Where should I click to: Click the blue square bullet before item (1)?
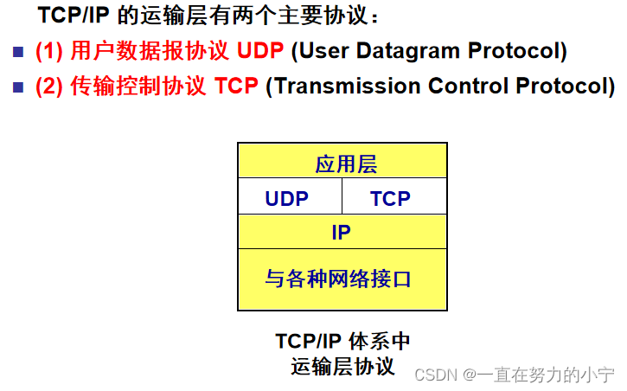(18, 52)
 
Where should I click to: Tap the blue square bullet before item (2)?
(18, 87)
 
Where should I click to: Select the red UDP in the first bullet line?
(260, 51)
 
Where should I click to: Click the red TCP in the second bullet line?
(236, 86)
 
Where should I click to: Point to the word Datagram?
(408, 52)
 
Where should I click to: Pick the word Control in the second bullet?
(468, 86)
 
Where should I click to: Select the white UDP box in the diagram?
(291, 196)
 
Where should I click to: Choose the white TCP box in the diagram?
(394, 196)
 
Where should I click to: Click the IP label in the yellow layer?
(341, 233)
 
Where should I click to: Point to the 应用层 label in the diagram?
(346, 163)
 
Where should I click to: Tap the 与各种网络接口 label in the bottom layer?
(338, 279)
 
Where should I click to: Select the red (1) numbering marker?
(49, 52)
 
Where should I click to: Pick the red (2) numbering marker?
(49, 87)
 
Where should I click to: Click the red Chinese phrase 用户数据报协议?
(150, 51)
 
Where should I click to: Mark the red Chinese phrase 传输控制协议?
(138, 86)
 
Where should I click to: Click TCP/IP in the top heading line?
(74, 16)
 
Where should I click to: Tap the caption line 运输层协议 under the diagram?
(342, 366)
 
